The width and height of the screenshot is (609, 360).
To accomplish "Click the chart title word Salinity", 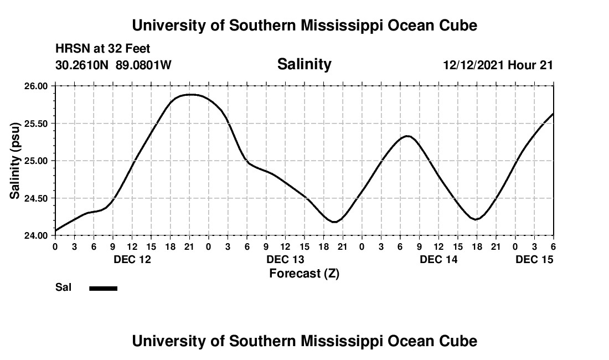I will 304,64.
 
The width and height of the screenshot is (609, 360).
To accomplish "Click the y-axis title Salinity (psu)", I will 15,161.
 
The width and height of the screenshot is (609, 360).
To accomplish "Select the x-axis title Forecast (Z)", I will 304,273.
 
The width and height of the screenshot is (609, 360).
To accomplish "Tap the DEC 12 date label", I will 132,259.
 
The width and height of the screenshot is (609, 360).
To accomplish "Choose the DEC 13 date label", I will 286,259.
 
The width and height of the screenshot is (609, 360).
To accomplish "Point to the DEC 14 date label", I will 438,259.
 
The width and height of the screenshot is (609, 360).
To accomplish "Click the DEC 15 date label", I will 534,259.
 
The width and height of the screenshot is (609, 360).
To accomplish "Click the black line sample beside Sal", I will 103,288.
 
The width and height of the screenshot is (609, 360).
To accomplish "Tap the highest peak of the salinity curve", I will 190,95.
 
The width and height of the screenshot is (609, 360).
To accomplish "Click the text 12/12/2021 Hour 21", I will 498,65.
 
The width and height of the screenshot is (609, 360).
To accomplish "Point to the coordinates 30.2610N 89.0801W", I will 113,65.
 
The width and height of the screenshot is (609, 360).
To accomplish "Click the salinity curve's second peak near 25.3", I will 407,136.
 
